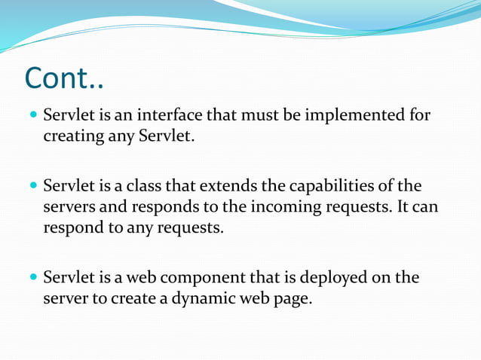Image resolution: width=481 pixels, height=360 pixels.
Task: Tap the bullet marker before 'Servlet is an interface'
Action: point(31,117)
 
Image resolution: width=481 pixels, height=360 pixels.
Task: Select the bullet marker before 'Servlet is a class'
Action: point(31,186)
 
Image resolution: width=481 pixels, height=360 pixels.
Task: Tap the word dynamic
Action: point(206,299)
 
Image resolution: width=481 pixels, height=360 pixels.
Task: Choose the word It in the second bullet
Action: point(401,207)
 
